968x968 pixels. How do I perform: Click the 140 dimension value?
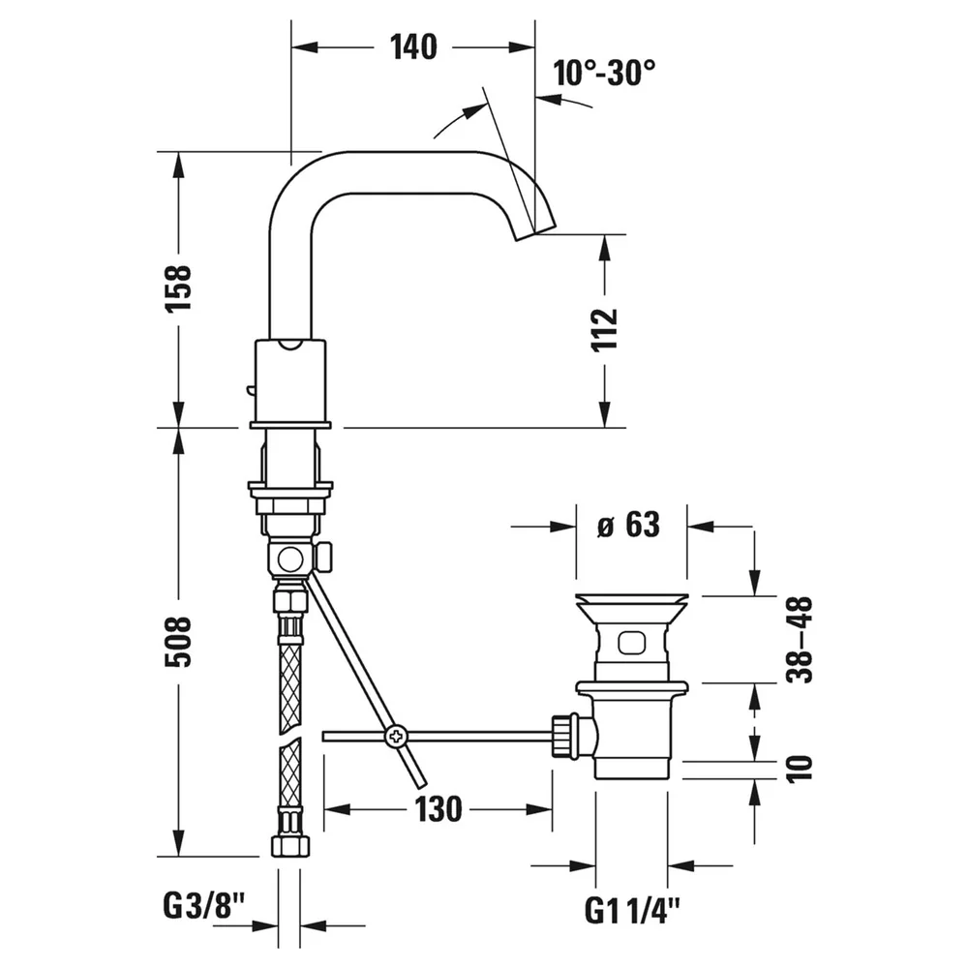tap(413, 46)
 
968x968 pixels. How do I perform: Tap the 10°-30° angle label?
tap(604, 73)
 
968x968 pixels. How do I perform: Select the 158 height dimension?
tap(178, 287)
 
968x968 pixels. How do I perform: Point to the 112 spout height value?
tap(605, 329)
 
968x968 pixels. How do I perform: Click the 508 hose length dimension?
tap(178, 642)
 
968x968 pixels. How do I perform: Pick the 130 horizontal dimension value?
tap(439, 808)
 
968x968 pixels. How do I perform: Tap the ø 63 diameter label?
tap(628, 525)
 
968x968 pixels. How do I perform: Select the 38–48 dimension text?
tap(800, 639)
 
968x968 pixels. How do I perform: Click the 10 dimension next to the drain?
tap(800, 769)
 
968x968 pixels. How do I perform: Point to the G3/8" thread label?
tap(204, 906)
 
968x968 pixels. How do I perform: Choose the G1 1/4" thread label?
tap(632, 911)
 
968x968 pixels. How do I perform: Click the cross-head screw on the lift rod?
tap(396, 736)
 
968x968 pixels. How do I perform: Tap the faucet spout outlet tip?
tap(535, 232)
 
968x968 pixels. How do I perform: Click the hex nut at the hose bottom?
tap(289, 845)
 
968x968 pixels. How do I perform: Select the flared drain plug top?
tap(631, 608)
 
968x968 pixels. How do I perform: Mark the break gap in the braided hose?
tap(289, 736)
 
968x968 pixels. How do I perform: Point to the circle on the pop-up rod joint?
tap(289, 560)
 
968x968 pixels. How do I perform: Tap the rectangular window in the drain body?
tap(631, 643)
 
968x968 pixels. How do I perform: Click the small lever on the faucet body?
tap(250, 390)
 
